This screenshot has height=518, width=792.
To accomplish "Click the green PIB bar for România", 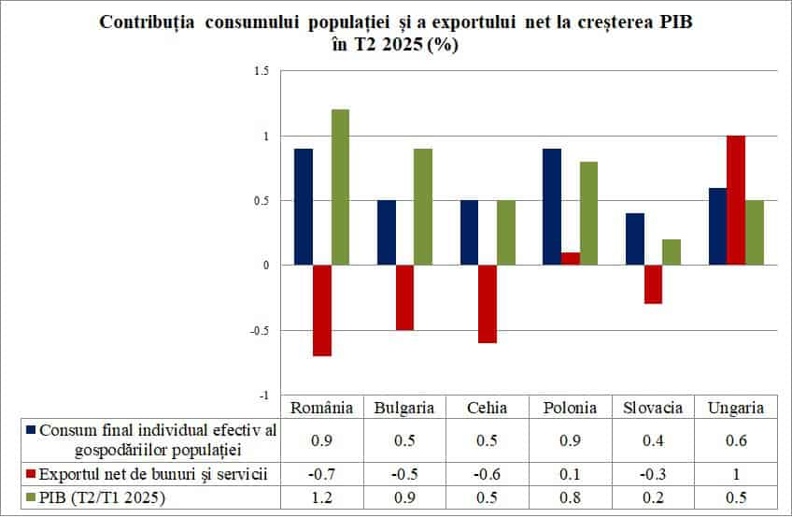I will [340, 187].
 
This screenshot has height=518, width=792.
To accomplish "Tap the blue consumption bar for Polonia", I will [551, 207].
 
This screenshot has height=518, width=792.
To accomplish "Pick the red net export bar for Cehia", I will [487, 304].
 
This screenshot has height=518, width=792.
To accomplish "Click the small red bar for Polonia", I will [570, 259].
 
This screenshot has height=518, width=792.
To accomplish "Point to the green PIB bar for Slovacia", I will [672, 252].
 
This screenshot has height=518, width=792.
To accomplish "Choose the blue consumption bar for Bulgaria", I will [386, 233].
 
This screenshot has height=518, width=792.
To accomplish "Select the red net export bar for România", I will [321, 310].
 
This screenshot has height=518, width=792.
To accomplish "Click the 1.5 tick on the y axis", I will [261, 71].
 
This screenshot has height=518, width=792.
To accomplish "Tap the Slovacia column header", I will [653, 408].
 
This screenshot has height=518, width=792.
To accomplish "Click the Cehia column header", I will [487, 408].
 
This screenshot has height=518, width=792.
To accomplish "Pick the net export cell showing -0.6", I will [487, 474].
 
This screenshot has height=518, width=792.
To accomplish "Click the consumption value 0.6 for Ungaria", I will [736, 440].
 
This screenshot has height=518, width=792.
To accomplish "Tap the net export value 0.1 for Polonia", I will [570, 474].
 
